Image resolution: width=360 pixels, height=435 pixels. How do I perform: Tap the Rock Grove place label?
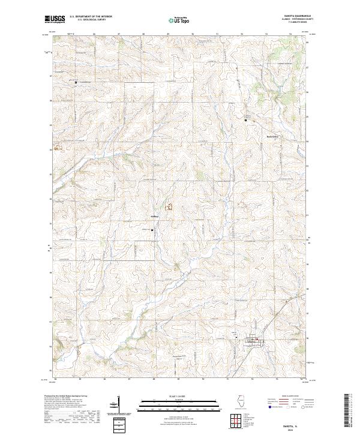pos(273,137)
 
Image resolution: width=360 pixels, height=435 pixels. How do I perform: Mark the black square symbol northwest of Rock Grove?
pos(245,121)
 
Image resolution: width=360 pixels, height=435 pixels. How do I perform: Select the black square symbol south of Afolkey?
pos(152,230)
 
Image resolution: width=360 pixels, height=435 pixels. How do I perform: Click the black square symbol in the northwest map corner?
pos(76,82)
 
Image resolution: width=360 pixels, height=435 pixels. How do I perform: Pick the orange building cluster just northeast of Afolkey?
pos(169,208)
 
